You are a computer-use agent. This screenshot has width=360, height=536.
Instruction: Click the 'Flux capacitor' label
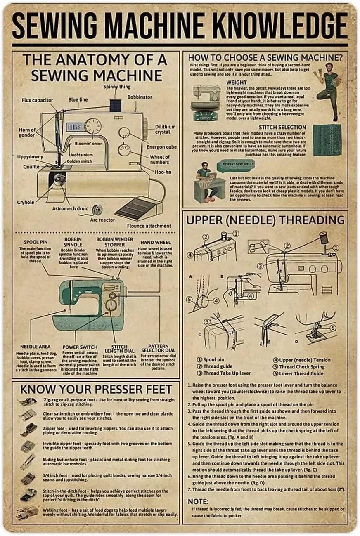tap(37, 100)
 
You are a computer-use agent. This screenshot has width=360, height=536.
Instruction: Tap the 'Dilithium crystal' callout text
tap(165, 129)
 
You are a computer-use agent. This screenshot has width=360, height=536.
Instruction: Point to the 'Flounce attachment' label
tap(149, 226)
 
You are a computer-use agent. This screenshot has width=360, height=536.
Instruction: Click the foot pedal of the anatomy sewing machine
tap(137, 208)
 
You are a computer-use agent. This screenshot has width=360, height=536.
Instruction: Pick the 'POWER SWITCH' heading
tap(80, 347)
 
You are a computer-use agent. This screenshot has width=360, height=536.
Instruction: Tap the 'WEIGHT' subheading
tap(237, 83)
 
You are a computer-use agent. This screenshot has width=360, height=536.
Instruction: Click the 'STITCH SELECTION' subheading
tap(282, 127)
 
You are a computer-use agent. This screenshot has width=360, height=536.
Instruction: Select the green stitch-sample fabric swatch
tap(327, 140)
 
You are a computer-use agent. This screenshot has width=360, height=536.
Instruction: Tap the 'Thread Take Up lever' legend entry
tap(226, 373)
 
